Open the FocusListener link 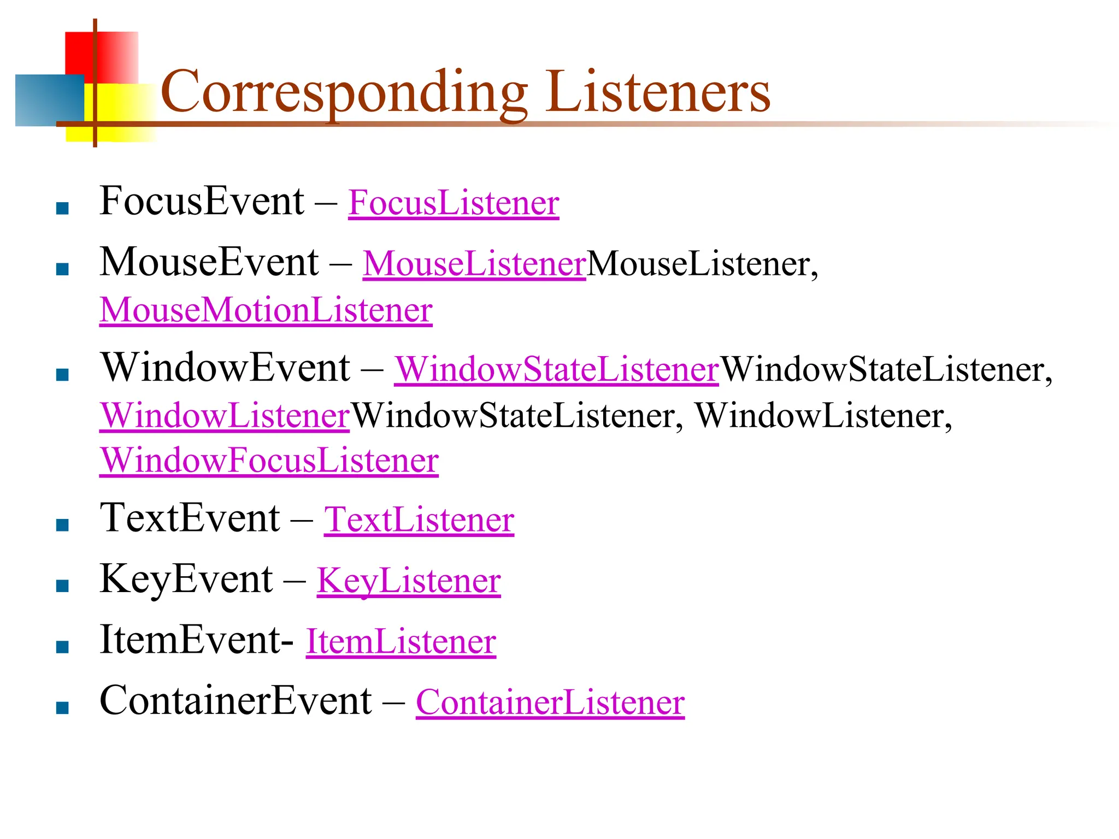(454, 203)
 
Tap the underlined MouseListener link (474, 264)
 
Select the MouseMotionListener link (266, 310)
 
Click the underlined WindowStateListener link (556, 369)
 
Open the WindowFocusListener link (269, 460)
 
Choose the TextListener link (419, 519)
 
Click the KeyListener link (409, 581)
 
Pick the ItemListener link (401, 641)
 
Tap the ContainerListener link (550, 702)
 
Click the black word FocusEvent (202, 202)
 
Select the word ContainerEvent (235, 701)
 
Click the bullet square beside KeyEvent (62, 586)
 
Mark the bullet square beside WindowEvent (62, 374)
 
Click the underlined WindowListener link (224, 416)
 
